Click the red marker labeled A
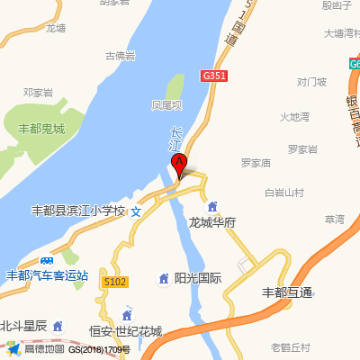179,165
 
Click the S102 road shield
115,282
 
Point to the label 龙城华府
212,221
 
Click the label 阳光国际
197,278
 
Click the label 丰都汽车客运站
47,275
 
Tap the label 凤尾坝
167,105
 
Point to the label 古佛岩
120,56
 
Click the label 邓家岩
39,93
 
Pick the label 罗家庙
256,163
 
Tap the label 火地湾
293,117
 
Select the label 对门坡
311,83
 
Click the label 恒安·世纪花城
125,331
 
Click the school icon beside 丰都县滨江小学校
136,211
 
